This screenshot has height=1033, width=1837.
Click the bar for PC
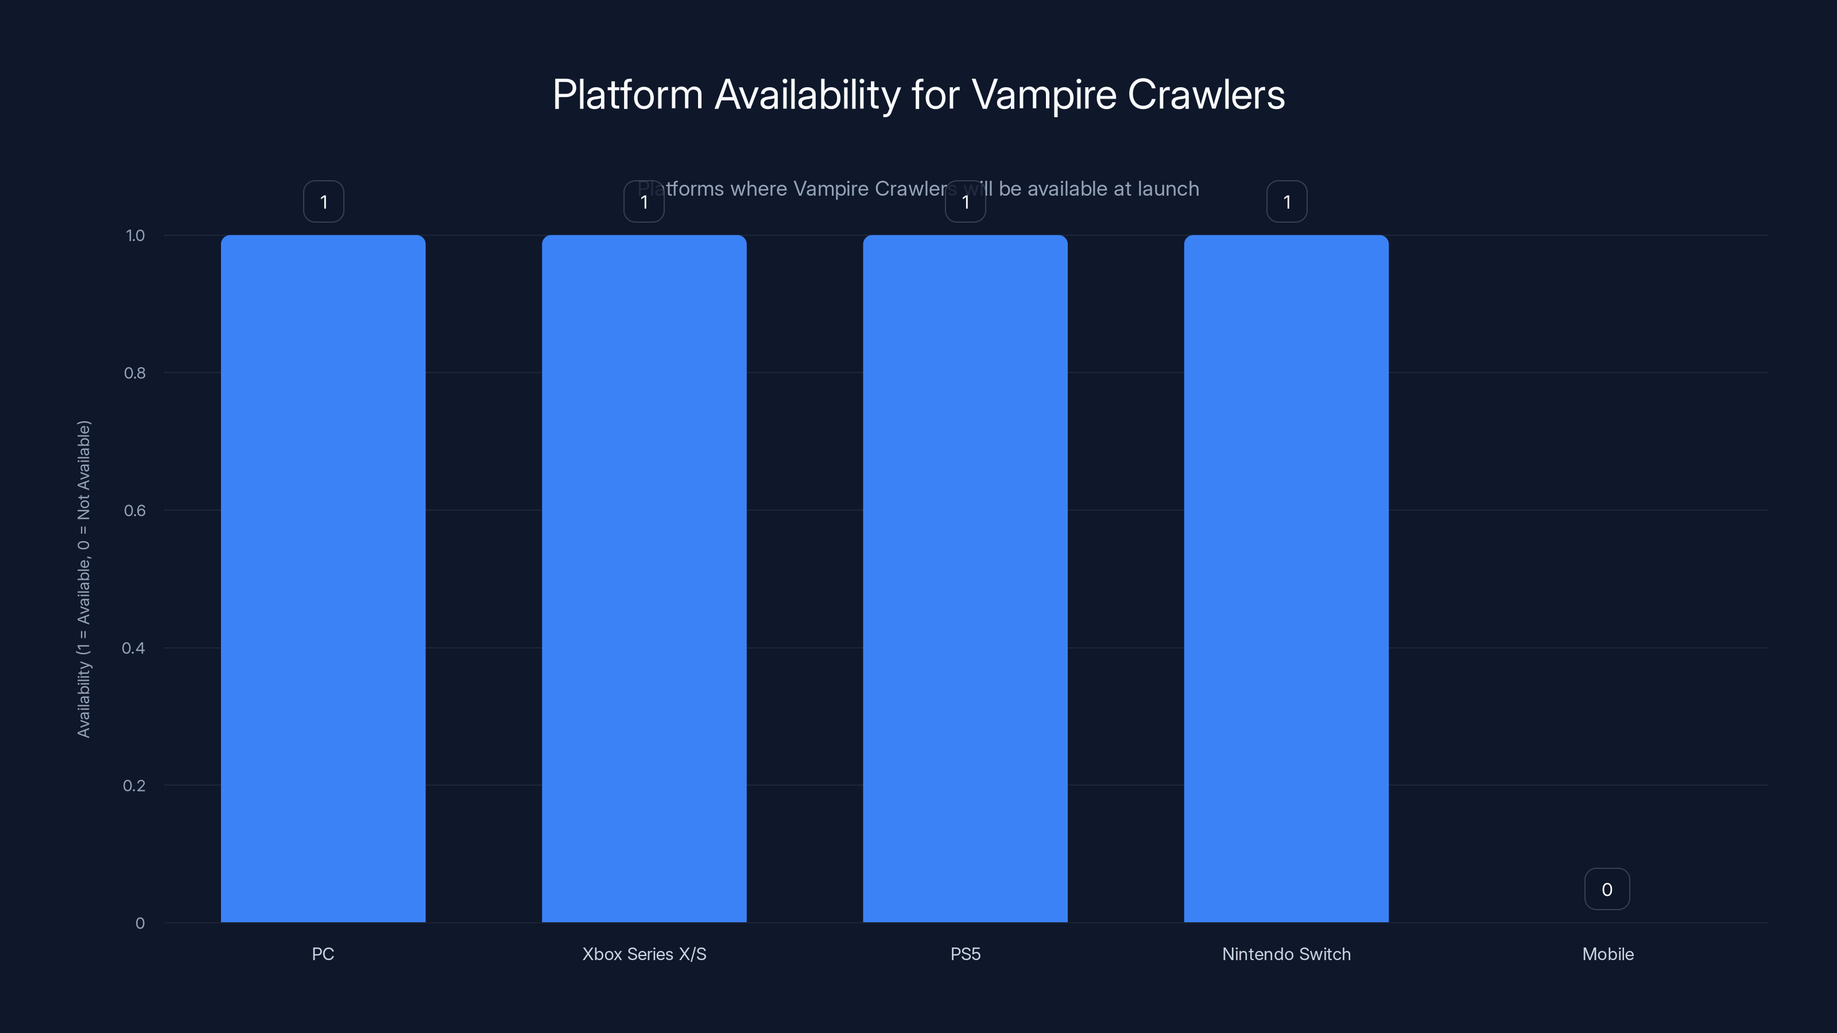pos(323,578)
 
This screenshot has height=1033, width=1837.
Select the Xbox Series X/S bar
pos(644,578)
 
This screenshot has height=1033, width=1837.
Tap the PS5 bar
pos(965,578)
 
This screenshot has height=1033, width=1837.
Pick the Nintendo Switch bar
pos(1286,578)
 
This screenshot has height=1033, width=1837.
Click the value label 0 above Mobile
pos(1607,889)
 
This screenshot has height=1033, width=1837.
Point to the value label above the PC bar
pos(324,202)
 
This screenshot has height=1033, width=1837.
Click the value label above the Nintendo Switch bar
pos(1286,202)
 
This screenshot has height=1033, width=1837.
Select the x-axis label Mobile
pos(1607,954)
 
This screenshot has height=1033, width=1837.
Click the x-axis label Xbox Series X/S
pos(644,954)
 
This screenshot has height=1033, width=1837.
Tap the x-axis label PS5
pos(965,954)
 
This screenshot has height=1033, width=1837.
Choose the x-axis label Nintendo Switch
pos(1286,954)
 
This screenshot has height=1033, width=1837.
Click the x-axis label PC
pos(323,954)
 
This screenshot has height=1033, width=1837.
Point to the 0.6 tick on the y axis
pos(135,510)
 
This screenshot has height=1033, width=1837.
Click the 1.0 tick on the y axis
pos(135,235)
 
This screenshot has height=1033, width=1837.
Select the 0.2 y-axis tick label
pos(135,786)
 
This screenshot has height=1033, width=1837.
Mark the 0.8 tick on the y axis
pos(135,373)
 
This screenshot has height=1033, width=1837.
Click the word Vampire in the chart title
pos(1043,95)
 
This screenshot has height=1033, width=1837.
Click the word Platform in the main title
pos(627,95)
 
